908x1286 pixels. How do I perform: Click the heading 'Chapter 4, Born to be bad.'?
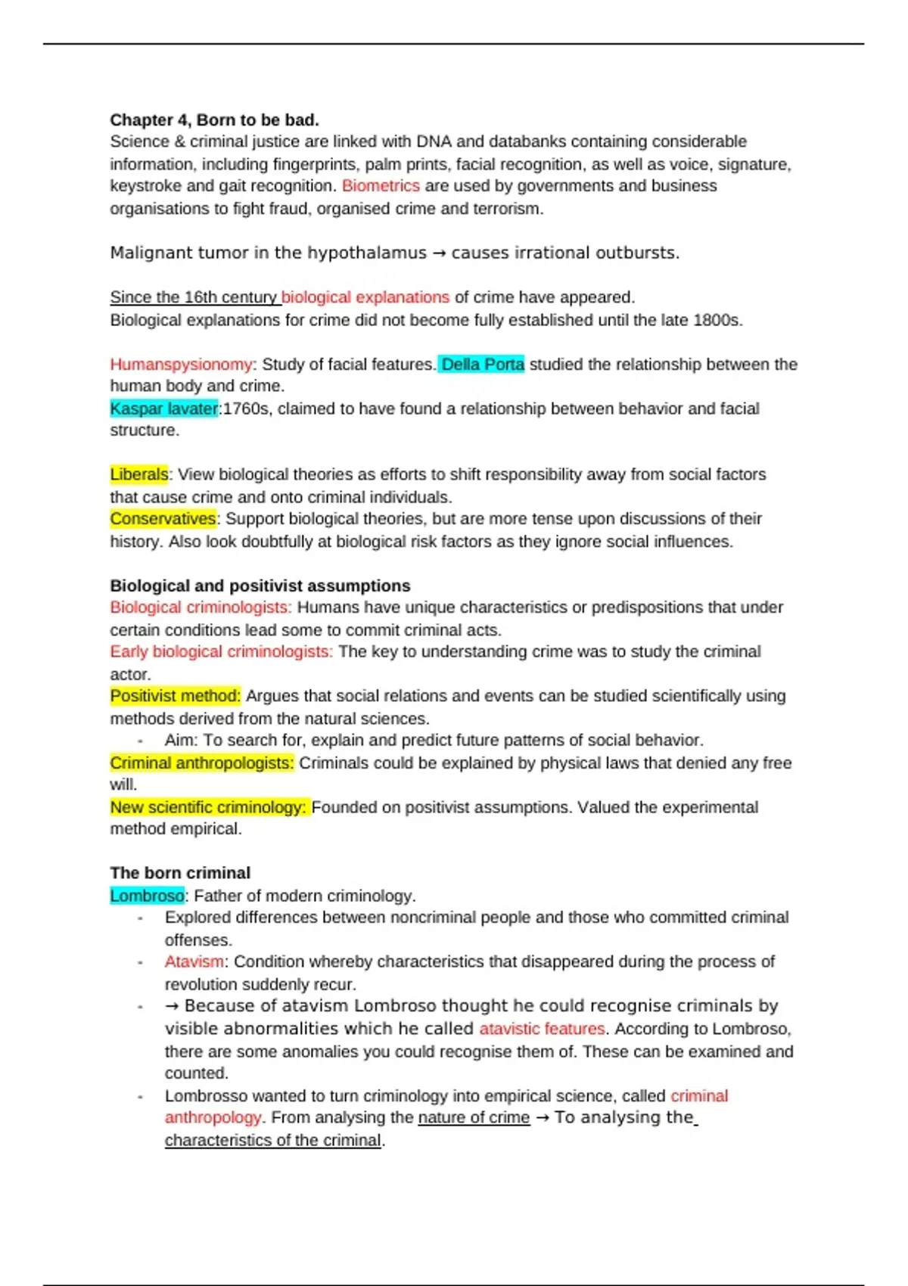pos(214,120)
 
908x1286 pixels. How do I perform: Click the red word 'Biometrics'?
pos(381,186)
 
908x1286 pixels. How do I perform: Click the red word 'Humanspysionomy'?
pos(181,365)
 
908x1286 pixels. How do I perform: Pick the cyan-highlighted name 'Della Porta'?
pos(482,365)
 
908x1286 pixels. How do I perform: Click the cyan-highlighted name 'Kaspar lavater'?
pos(163,408)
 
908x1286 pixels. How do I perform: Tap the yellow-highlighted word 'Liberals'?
pos(139,475)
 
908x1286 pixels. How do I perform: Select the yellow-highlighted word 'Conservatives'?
pos(163,519)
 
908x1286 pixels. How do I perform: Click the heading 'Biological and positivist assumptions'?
pos(260,586)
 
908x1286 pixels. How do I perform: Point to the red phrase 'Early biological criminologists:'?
pos(221,652)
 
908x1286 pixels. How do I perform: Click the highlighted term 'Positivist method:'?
pos(175,696)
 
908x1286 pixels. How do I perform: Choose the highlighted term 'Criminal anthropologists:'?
pos(201,763)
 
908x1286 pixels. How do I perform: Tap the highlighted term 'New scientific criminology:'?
pos(208,808)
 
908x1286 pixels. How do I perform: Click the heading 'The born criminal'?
pos(179,873)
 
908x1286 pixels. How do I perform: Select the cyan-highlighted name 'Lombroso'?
pos(147,896)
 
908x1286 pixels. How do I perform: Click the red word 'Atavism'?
pos(194,962)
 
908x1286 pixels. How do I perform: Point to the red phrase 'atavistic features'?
pos(542,1029)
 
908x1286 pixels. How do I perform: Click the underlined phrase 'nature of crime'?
pos(474,1118)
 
